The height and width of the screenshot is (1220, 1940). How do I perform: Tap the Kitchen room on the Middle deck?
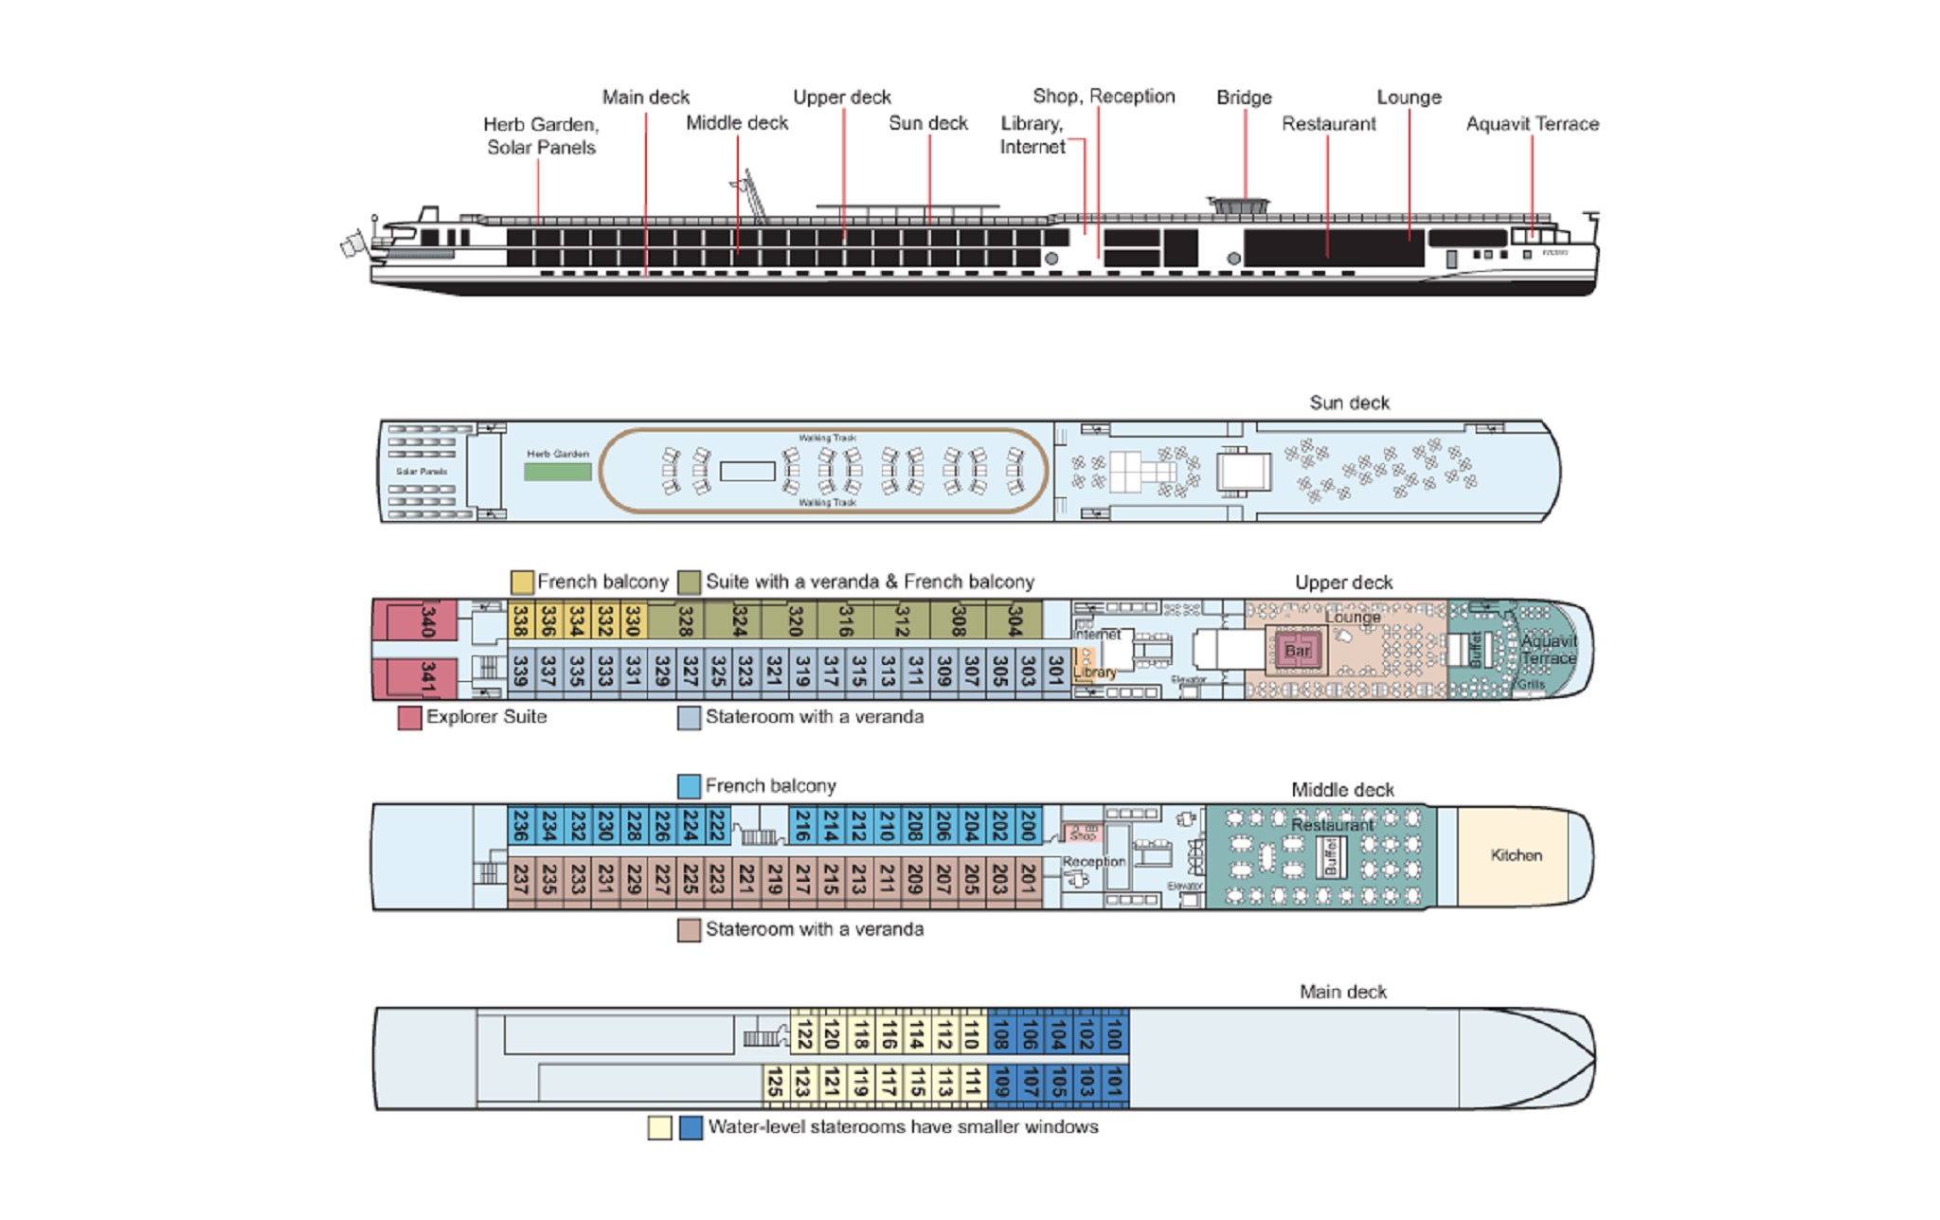pos(1516,855)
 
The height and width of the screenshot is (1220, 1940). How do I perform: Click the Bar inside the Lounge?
pos(1297,651)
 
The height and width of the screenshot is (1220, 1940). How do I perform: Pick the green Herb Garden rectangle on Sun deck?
pos(557,471)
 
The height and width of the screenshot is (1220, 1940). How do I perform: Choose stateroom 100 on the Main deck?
pos(1114,1033)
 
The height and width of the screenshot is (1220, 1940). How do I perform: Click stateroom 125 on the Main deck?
pos(775,1083)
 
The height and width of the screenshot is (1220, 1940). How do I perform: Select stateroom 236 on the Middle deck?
pos(520,826)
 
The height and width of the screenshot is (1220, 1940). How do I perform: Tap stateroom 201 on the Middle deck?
pos(1028,880)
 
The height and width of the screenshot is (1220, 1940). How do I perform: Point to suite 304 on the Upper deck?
pos(1015,620)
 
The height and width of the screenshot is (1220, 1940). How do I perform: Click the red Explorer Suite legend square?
pos(409,718)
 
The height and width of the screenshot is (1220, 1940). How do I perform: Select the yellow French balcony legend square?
pos(522,582)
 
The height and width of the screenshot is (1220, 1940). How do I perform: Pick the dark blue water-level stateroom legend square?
pos(692,1128)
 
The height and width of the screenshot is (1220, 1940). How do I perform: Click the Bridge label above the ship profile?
pos(1244,98)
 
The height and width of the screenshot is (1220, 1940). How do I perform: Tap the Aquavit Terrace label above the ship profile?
pos(1532,124)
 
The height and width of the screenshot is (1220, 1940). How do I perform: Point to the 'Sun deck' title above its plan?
pos(1349,403)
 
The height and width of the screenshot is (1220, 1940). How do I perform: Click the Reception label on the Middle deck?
pos(1093,862)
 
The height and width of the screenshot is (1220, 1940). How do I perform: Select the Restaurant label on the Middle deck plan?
pos(1332,825)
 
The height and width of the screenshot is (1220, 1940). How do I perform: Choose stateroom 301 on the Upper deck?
pos(1055,671)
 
